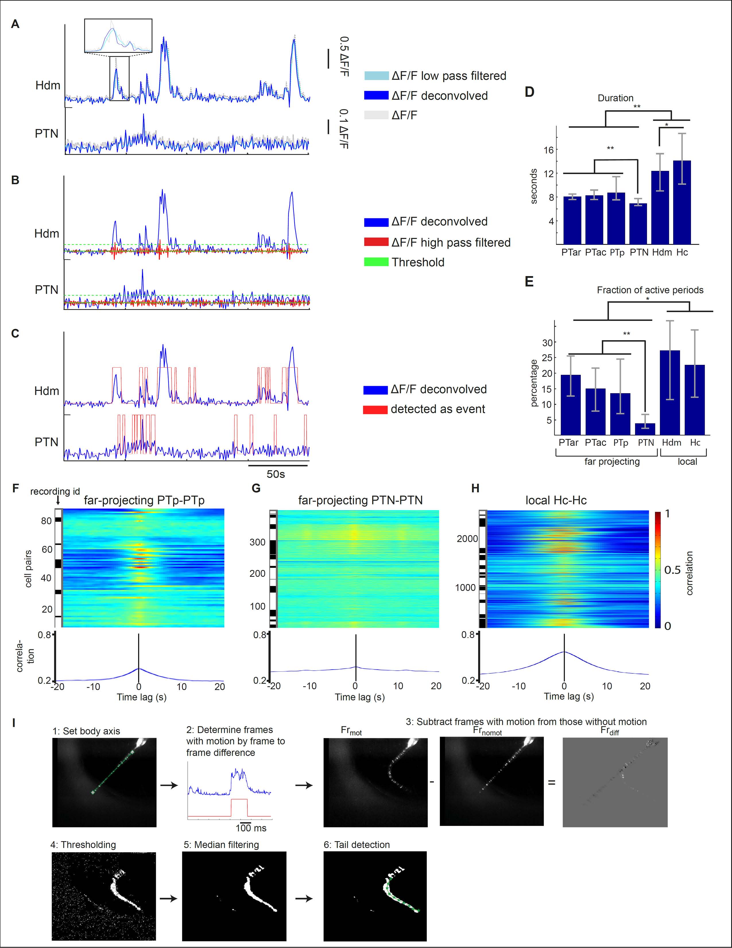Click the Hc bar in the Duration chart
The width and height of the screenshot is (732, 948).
[682, 202]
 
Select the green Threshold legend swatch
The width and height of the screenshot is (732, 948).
[376, 262]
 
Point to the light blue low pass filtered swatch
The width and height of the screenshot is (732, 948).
[376, 76]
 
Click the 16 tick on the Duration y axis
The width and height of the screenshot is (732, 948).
[549, 150]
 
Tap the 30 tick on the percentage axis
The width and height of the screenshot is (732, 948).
[547, 342]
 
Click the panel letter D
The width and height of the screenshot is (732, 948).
[530, 92]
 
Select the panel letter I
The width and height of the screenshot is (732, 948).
[14, 723]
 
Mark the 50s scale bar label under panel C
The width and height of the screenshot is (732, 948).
[276, 474]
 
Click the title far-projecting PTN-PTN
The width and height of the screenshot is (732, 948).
[360, 500]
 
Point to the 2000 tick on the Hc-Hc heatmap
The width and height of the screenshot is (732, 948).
[467, 539]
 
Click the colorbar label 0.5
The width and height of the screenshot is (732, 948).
[672, 570]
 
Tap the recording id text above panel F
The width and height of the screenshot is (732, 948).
[55, 491]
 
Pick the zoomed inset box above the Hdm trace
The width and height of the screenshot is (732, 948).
[118, 36]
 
